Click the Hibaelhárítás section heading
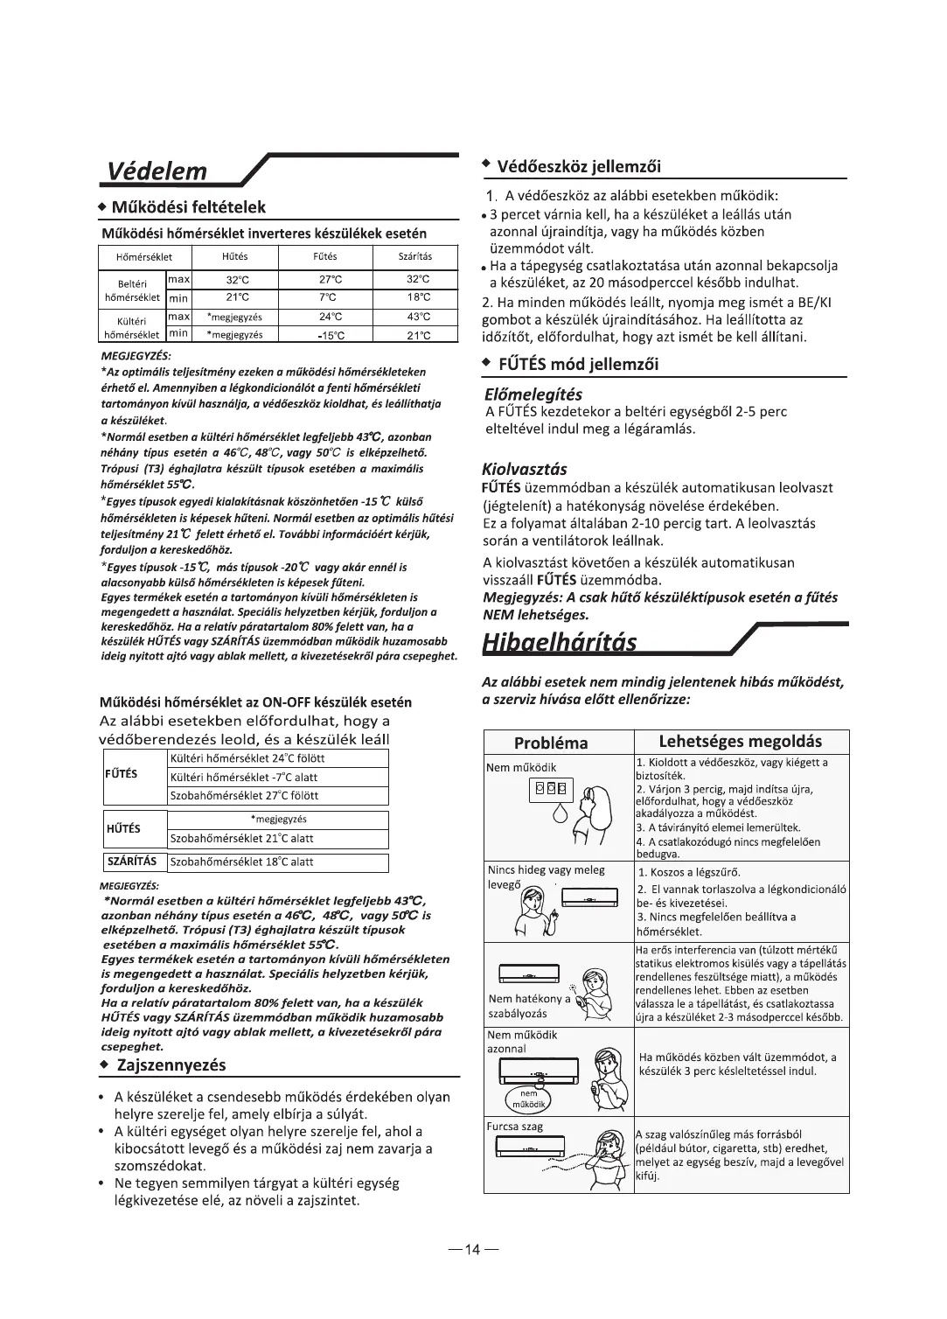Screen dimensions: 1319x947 560,642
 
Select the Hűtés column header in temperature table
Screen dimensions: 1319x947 235,257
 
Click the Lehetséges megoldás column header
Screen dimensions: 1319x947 740,742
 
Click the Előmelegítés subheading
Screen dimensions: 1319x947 533,394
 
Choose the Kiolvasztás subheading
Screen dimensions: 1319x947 525,469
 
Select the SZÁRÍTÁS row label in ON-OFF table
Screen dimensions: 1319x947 131,862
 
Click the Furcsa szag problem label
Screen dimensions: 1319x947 515,1127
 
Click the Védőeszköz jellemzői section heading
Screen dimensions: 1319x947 578,167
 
